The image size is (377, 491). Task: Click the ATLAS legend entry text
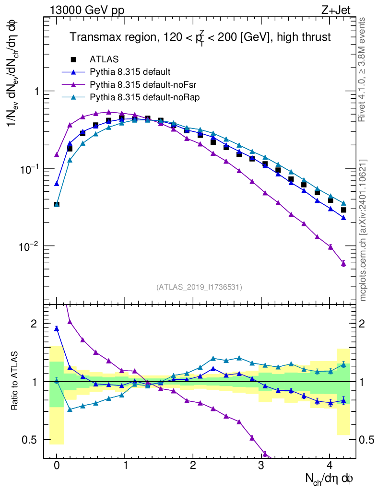tap(104, 59)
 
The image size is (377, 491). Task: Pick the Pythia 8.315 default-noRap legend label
tap(144, 97)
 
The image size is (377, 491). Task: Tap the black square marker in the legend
tap(73, 59)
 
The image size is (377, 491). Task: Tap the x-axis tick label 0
tap(57, 466)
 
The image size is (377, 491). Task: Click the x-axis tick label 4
tap(330, 466)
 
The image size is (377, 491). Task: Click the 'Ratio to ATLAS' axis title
tap(16, 381)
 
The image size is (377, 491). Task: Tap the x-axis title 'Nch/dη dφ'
tap(330, 479)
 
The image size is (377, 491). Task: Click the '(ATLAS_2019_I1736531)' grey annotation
tap(199, 287)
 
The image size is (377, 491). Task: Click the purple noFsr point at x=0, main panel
tap(57, 155)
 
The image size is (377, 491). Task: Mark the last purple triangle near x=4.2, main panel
tap(343, 263)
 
